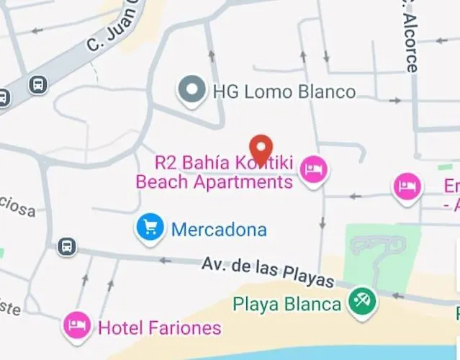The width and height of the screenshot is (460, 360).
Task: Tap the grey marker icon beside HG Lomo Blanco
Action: point(191,91)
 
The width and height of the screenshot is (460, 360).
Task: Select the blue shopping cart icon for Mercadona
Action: point(150,228)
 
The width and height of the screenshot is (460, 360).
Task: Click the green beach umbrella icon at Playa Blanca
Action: point(361,302)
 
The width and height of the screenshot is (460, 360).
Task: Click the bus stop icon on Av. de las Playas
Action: point(67,246)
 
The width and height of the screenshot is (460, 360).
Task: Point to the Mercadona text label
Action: point(219,230)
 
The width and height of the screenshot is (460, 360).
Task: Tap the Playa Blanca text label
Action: point(287,304)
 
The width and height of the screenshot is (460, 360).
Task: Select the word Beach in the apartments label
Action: point(162,182)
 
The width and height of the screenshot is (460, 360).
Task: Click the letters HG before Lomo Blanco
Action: point(224,91)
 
